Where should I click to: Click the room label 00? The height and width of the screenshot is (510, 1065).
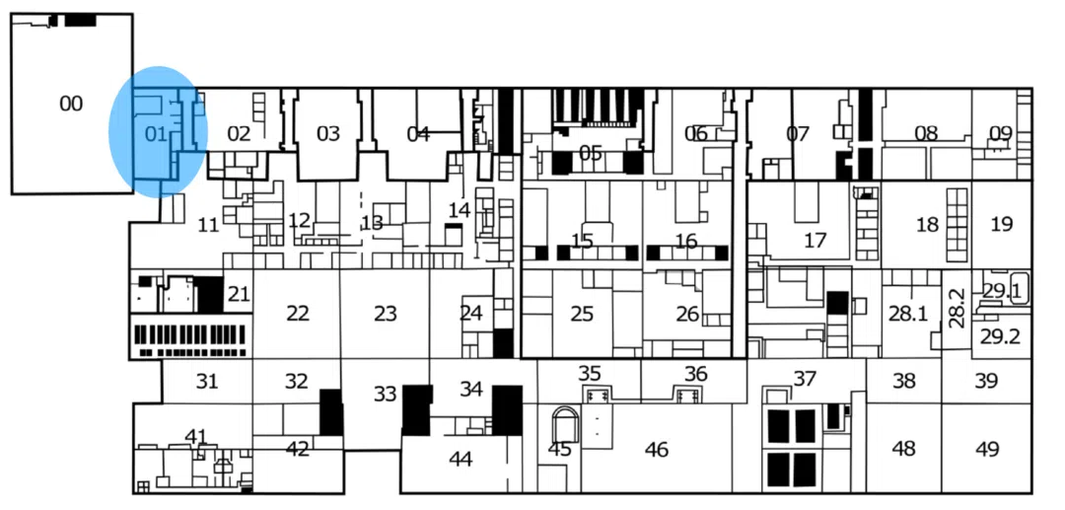click(71, 103)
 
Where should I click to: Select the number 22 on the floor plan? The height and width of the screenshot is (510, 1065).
click(298, 314)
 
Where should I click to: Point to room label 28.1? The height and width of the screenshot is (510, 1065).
click(908, 314)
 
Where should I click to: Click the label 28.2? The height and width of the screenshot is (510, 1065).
click(956, 308)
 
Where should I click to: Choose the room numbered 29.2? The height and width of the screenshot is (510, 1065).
click(1000, 336)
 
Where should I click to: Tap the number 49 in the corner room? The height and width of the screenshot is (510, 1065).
click(987, 449)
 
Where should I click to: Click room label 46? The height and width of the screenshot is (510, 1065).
click(657, 450)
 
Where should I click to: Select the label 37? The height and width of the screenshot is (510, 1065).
click(806, 379)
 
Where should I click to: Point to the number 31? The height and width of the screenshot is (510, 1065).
click(206, 381)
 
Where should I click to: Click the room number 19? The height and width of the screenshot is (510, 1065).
click(1001, 224)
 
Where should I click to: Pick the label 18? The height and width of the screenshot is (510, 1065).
click(927, 225)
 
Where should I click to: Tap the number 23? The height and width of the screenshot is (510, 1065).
click(386, 314)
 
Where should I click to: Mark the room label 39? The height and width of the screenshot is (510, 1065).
click(987, 381)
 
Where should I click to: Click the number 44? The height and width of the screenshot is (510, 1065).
click(461, 459)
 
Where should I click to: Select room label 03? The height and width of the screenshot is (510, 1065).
click(328, 133)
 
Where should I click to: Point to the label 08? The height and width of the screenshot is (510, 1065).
click(926, 133)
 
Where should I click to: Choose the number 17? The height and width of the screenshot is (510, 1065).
click(815, 240)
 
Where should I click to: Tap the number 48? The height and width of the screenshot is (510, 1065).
click(903, 449)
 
